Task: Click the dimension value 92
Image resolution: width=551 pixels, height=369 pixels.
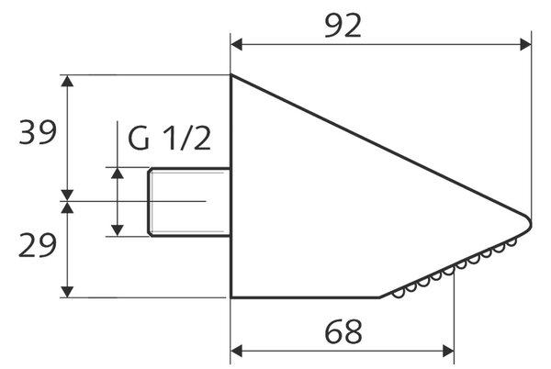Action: [343, 26]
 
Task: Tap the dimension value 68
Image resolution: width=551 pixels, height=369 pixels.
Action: [343, 332]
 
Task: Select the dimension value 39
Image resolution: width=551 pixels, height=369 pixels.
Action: [38, 132]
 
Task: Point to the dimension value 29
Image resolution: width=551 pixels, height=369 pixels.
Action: [38, 245]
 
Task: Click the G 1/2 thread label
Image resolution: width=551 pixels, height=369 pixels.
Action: [169, 139]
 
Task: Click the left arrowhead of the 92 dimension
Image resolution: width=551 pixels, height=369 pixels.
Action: [237, 45]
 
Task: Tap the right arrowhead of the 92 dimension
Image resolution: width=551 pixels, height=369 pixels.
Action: [525, 45]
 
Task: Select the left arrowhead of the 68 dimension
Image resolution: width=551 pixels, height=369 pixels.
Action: [237, 351]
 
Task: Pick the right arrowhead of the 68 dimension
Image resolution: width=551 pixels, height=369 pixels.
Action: [448, 351]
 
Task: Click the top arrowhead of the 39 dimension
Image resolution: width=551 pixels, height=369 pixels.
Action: [67, 81]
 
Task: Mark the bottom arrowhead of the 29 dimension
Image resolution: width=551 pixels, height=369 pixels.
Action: [67, 292]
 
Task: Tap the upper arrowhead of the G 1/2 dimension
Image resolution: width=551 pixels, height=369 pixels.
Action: [118, 173]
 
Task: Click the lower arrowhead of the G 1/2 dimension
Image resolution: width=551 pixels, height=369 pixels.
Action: [118, 230]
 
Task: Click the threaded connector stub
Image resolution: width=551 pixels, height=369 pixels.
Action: [189, 202]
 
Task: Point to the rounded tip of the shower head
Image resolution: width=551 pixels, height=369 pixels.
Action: [529, 222]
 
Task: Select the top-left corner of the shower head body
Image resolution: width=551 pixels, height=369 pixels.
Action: [231, 74]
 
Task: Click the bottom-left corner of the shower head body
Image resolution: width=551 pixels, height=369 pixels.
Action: [231, 297]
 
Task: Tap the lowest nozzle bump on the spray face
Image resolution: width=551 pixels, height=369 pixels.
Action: [399, 294]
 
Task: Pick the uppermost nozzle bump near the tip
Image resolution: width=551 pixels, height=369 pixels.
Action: [511, 242]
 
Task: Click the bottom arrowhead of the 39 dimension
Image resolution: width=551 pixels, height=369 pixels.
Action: [67, 196]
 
